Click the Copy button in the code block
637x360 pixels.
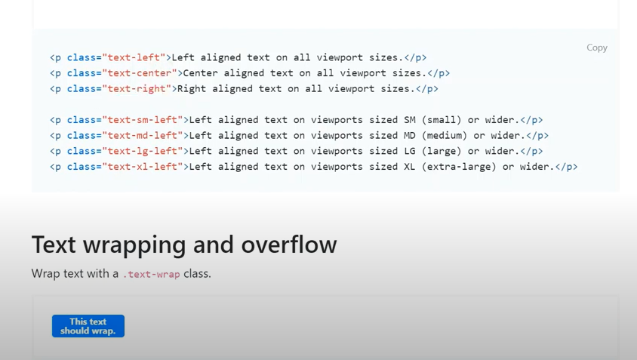[x=596, y=48]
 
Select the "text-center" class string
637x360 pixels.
[x=140, y=73]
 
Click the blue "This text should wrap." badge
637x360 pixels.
[x=88, y=326]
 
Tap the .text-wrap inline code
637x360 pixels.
[x=152, y=275]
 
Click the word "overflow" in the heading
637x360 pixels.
[x=289, y=245]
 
